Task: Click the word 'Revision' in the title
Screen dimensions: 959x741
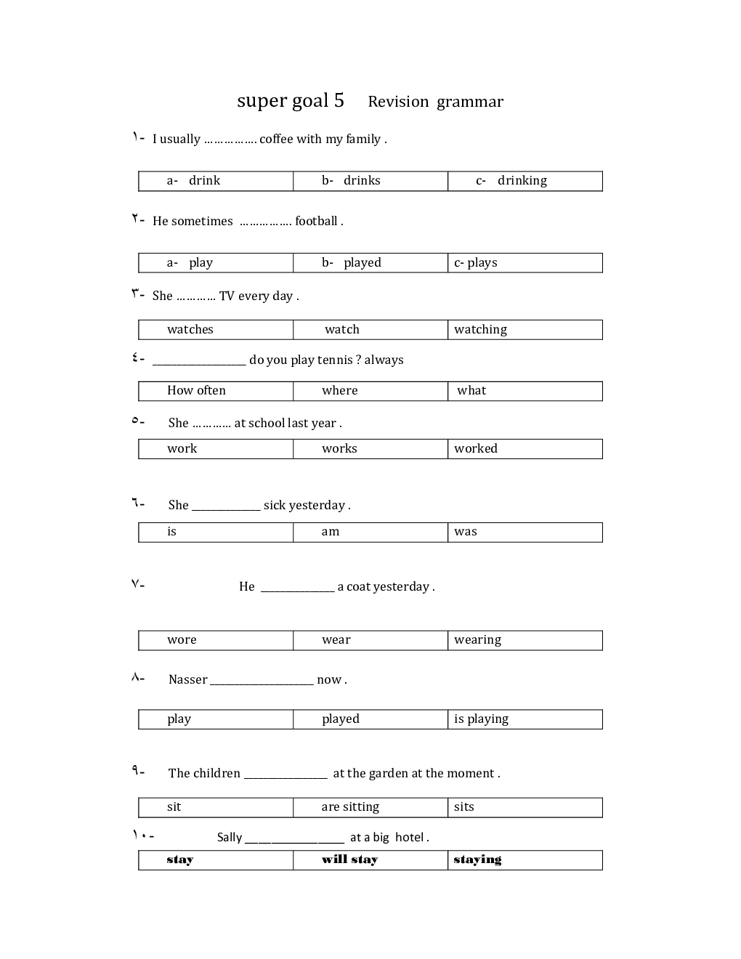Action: click(398, 102)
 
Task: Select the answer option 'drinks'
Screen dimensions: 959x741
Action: click(362, 181)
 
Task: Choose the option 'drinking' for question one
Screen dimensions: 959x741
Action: click(522, 181)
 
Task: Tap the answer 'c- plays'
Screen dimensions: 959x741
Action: click(476, 263)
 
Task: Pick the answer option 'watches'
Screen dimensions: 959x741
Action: click(190, 330)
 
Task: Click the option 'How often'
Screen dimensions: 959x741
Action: click(196, 391)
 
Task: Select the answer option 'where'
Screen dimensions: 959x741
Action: click(340, 391)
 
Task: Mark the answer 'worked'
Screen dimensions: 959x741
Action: click(476, 449)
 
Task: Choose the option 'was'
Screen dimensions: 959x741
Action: click(466, 532)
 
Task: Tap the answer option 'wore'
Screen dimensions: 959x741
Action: click(182, 640)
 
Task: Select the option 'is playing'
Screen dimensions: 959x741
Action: click(481, 719)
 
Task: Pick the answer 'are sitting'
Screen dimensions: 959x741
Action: click(350, 807)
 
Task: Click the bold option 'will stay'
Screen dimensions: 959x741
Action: click(349, 860)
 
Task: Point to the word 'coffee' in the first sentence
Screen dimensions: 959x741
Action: click(276, 139)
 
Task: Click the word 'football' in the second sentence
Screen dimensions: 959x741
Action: click(316, 221)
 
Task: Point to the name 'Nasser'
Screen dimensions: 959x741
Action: click(188, 680)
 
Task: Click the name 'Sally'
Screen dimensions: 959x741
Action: click(230, 838)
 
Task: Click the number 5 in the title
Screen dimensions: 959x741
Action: click(339, 100)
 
